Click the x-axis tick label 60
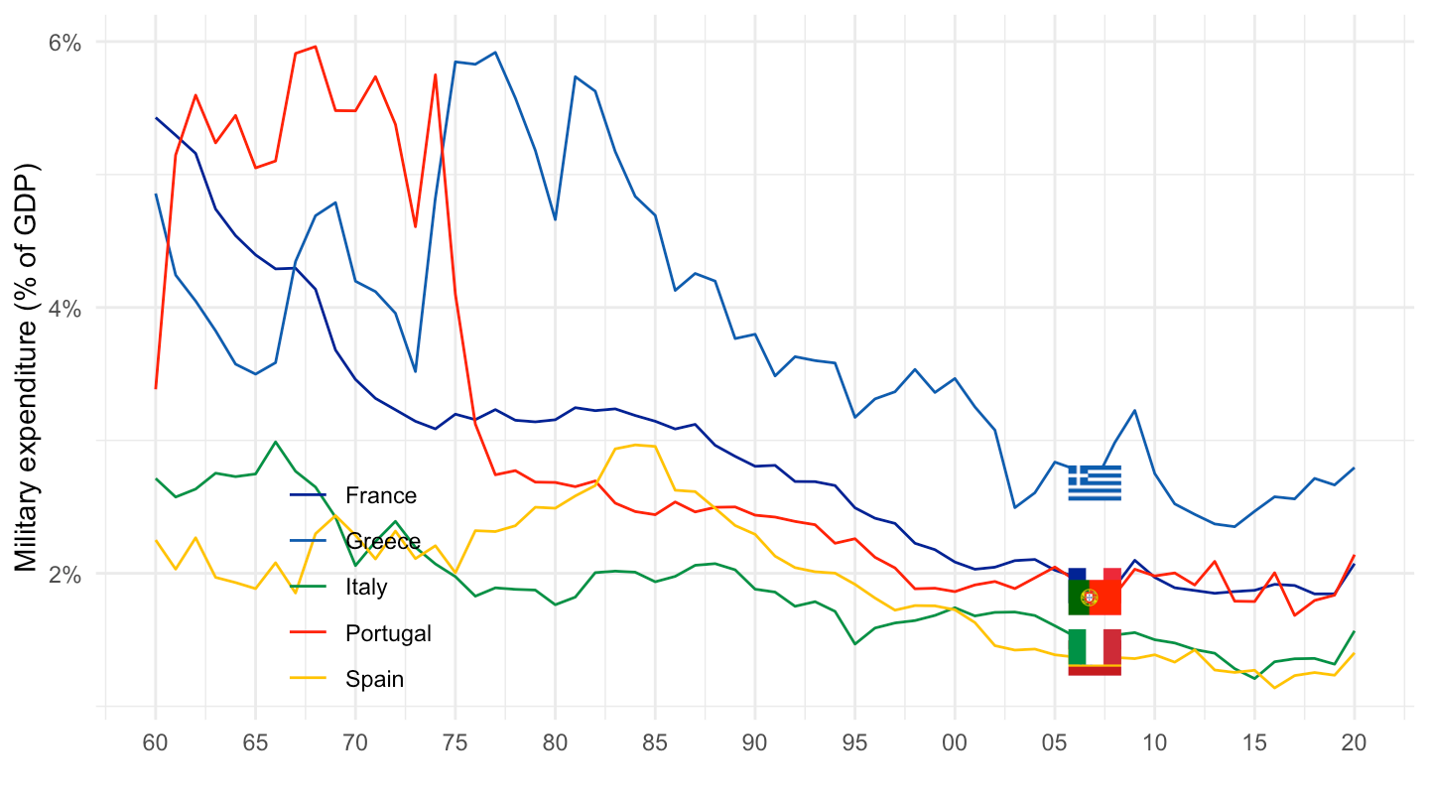(x=156, y=742)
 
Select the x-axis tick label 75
(x=455, y=742)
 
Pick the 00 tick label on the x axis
(x=955, y=742)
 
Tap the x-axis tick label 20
(x=1355, y=742)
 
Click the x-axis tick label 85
(x=655, y=742)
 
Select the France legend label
(x=381, y=495)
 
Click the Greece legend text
(x=383, y=541)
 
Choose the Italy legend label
(x=366, y=588)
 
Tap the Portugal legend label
(x=388, y=633)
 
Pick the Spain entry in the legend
(x=374, y=680)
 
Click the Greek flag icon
(x=1095, y=482)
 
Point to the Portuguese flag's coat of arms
(x=1089, y=598)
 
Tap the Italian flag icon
(x=1095, y=646)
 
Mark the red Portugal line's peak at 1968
(x=316, y=46)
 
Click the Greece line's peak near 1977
(x=495, y=52)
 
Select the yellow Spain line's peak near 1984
(x=635, y=445)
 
